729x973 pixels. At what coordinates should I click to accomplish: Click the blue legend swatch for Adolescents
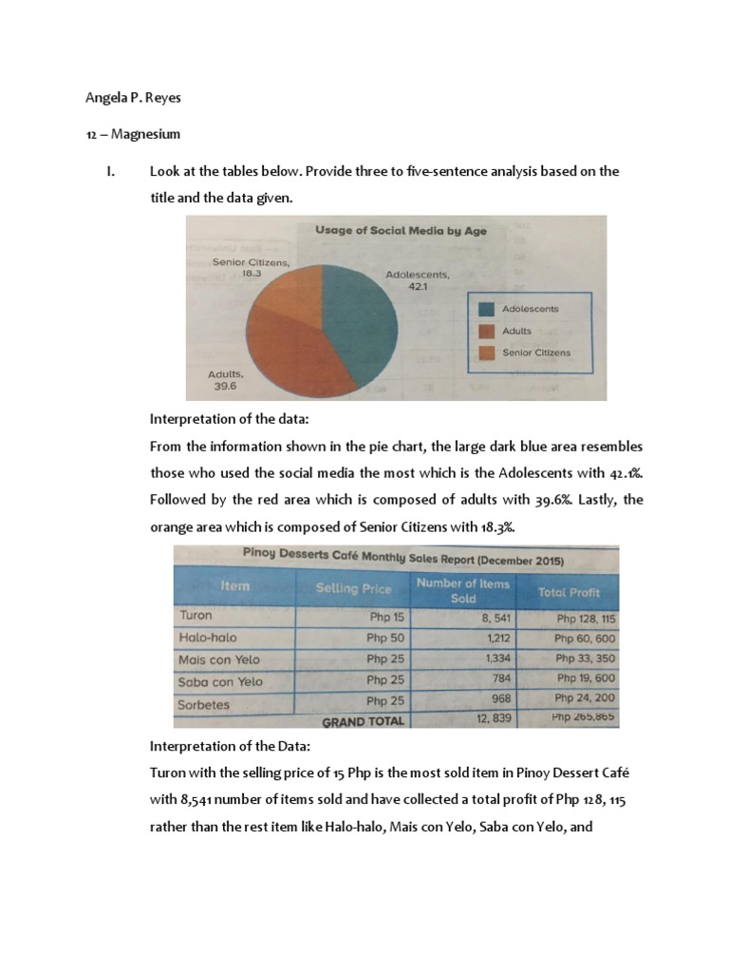486,309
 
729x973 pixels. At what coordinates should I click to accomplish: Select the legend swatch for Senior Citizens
486,353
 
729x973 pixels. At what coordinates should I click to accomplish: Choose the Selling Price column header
352,589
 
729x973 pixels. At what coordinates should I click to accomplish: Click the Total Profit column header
569,592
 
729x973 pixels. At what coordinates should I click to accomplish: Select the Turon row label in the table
196,615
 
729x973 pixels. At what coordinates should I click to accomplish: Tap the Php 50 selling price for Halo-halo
385,638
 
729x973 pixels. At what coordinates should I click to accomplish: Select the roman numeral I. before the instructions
110,172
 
